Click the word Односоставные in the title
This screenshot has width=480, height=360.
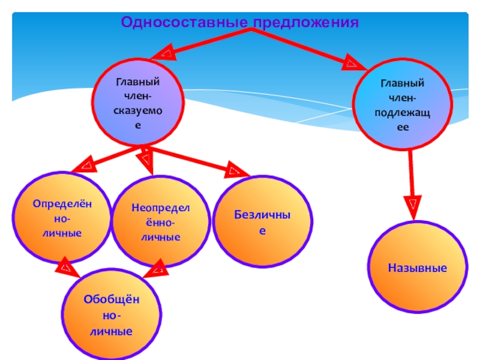(184, 23)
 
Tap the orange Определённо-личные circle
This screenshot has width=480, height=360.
(63, 217)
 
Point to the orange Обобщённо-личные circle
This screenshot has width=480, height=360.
(113, 314)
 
